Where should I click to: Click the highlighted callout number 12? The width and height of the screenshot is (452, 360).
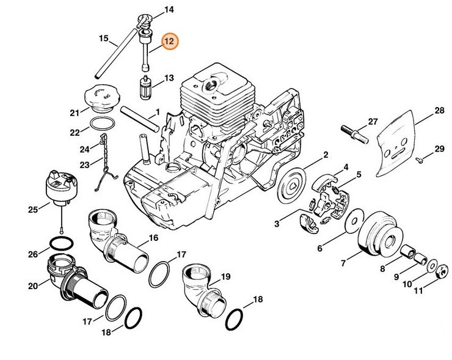tap(169, 42)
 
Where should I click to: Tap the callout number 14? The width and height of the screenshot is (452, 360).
tap(169, 10)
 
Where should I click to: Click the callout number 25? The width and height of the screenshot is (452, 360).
tap(34, 210)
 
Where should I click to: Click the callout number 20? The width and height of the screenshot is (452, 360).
tap(34, 286)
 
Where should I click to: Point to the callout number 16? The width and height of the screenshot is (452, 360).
tap(152, 238)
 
